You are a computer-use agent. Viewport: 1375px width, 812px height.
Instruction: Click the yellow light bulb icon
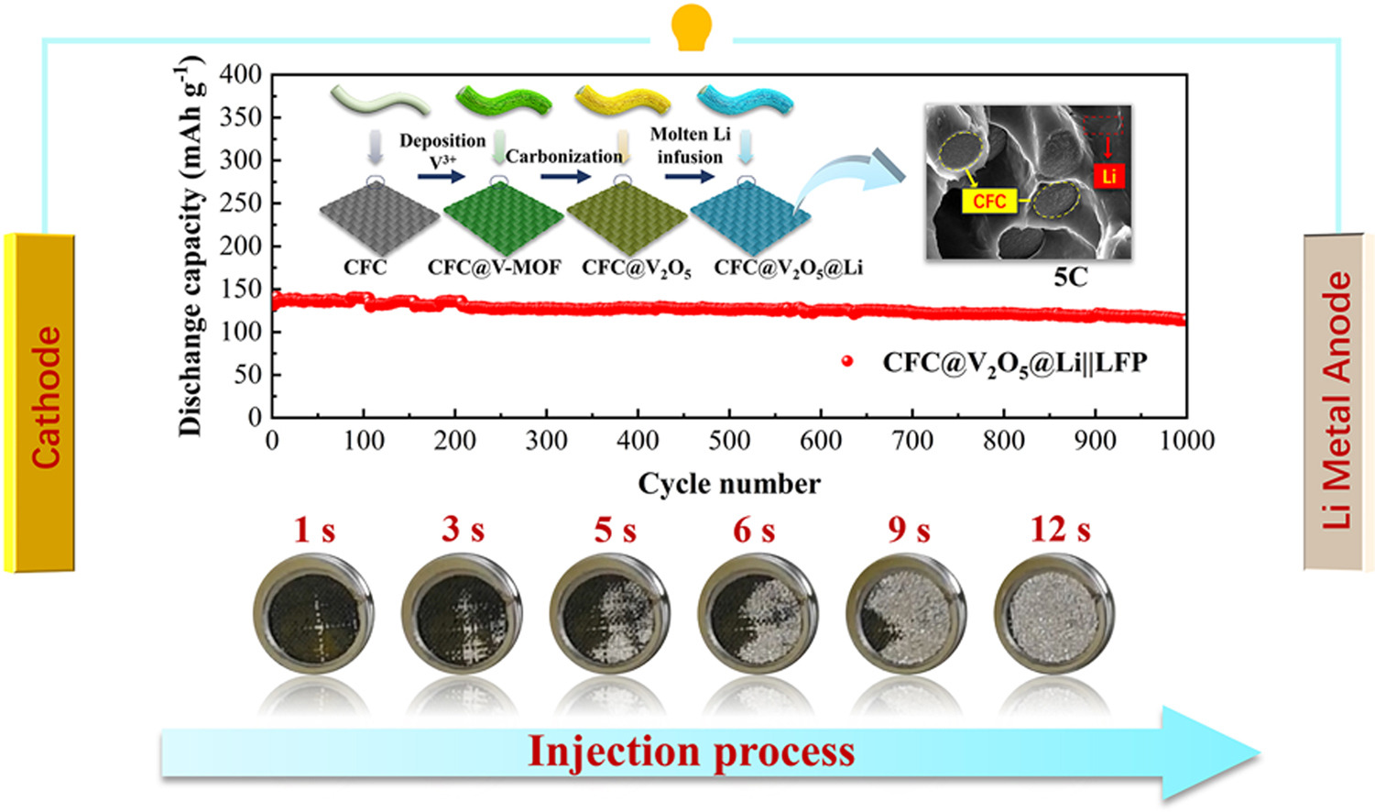[691, 27]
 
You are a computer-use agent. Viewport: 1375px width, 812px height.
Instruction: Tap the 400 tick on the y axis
[241, 74]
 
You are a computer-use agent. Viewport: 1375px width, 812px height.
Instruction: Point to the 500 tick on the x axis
[729, 441]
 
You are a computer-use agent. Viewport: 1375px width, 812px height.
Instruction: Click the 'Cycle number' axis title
[729, 483]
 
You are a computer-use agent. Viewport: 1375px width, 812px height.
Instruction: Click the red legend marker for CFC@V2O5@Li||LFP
[847, 361]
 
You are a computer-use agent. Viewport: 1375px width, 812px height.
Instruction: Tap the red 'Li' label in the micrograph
[1108, 176]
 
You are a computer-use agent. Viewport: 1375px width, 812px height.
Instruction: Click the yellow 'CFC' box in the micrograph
[989, 201]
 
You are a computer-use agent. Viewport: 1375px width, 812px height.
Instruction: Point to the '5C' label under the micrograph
[1070, 277]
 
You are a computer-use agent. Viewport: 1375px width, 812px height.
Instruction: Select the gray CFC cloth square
[378, 218]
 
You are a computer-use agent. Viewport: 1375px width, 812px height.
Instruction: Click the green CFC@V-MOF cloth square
[502, 218]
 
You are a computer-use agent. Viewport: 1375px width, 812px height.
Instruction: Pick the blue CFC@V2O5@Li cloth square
[749, 218]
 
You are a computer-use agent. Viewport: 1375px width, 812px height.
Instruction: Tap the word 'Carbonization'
[563, 157]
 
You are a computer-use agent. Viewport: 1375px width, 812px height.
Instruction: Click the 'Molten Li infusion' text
[690, 146]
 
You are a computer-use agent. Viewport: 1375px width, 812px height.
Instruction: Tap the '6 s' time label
[753, 530]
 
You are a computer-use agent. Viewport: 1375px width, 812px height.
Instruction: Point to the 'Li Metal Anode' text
[1337, 401]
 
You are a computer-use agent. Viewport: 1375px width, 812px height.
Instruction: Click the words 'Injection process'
[692, 752]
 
